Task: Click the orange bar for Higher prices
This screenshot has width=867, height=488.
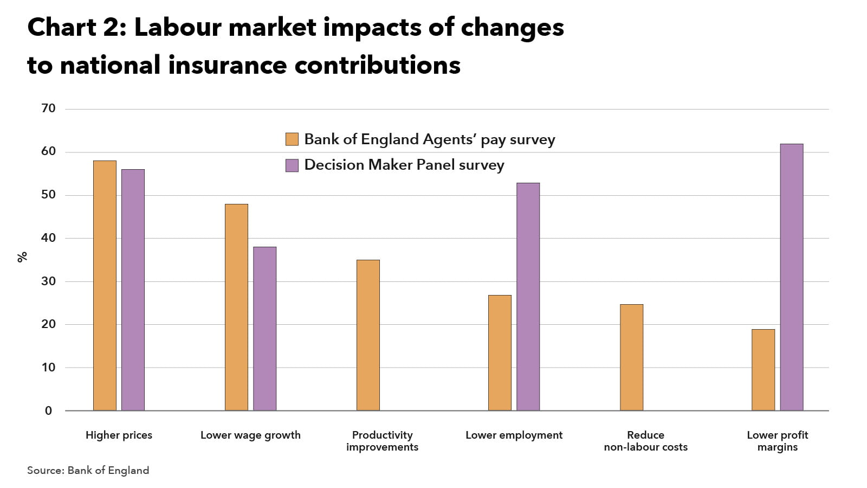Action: [105, 286]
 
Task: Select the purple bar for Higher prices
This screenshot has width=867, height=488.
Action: [133, 290]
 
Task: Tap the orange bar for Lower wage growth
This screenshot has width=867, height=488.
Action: [236, 307]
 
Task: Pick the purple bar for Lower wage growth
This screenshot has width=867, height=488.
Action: [264, 329]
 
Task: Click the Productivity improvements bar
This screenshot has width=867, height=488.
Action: [368, 335]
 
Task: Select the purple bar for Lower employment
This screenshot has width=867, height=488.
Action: [528, 297]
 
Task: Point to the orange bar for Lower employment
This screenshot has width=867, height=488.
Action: [500, 353]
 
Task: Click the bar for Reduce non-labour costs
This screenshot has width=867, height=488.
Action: [631, 357]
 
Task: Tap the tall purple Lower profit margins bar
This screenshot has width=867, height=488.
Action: [791, 277]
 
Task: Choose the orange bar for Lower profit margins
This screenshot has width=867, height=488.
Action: [763, 370]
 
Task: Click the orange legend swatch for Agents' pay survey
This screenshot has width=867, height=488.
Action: [292, 139]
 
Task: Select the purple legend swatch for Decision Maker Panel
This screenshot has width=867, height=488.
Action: [292, 165]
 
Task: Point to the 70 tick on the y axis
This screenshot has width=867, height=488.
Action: [48, 108]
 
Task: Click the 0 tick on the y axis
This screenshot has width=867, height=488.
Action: [48, 411]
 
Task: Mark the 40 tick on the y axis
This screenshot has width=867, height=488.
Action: [48, 238]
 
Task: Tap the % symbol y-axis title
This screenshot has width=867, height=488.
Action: [22, 257]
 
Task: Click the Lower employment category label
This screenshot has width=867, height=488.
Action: [514, 435]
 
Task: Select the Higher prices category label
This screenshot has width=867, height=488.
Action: [119, 435]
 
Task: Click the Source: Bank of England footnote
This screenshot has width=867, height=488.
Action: [88, 470]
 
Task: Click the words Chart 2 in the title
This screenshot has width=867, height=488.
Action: [76, 27]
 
